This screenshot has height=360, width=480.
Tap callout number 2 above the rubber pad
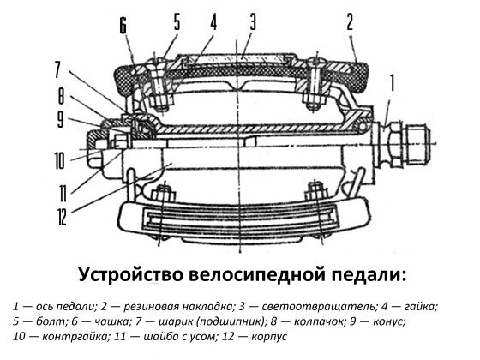350,22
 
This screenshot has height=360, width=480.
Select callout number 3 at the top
252,22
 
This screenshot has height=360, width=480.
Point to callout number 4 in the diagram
213,22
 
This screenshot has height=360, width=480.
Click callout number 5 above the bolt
177,22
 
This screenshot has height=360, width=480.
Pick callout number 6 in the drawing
123,26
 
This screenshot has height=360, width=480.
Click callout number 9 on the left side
61,119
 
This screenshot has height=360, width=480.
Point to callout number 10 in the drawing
59,161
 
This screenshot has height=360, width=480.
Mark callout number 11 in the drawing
62,192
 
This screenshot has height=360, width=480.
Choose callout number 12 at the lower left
62,218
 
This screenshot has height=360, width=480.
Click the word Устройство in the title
129,275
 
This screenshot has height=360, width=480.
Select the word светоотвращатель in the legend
319,307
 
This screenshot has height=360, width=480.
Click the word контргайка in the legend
75,337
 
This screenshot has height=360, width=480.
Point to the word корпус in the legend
269,337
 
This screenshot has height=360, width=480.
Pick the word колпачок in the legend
316,321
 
